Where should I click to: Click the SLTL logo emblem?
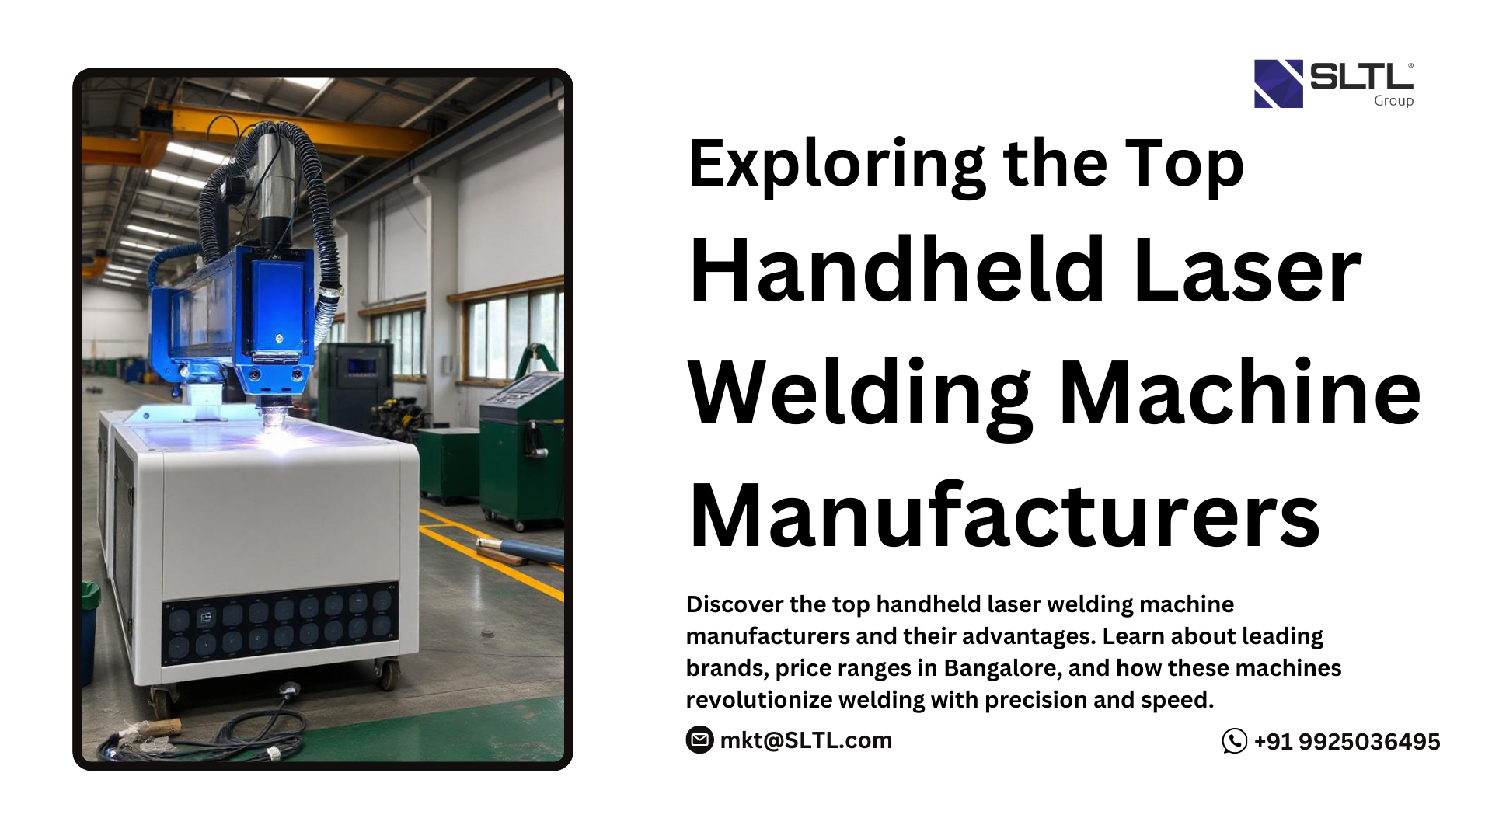tap(1278, 84)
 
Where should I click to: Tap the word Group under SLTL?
tap(1393, 101)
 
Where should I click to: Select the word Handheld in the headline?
tap(898, 270)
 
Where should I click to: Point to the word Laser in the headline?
tap(1247, 271)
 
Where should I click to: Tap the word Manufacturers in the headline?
tap(1005, 516)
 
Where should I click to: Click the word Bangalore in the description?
tap(1001, 668)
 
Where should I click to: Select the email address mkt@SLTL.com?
tap(806, 740)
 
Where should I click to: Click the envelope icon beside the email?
tap(699, 740)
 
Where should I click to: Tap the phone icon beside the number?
tap(1234, 741)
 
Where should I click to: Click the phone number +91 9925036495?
tap(1347, 742)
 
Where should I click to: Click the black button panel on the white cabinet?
tap(280, 623)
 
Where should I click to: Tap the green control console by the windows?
tap(521, 451)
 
